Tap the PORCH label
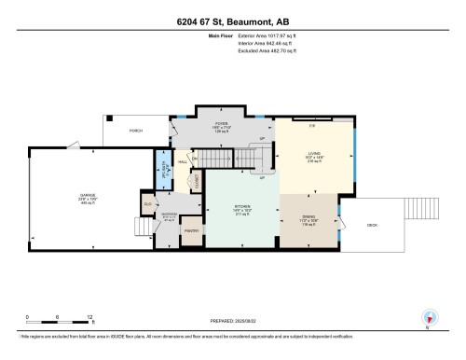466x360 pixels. coord(136,131)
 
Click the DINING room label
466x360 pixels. coord(310,221)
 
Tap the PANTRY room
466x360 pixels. coord(192,230)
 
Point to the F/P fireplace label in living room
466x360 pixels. coord(313,126)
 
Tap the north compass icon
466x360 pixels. coord(428,317)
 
